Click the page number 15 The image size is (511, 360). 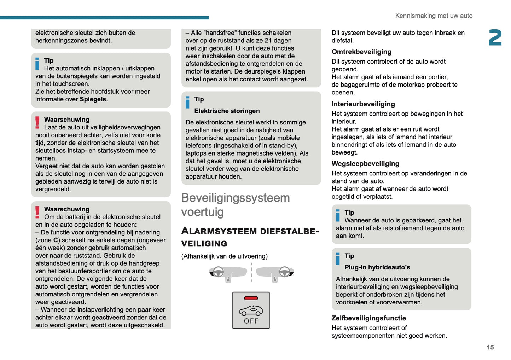tap(490, 347)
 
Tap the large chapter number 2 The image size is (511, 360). tap(495, 38)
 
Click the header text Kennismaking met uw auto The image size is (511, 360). tap(434, 16)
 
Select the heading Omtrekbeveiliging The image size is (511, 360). tap(361, 52)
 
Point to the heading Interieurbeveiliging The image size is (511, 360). tap(363, 104)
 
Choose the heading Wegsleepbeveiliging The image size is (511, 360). tap(365, 164)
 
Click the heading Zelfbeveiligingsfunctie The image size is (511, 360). tap(368, 318)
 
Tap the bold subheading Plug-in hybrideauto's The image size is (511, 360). tap(377, 267)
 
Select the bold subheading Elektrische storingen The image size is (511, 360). tap(227, 111)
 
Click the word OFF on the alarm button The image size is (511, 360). tap(251, 321)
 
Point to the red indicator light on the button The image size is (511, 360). tap(251, 298)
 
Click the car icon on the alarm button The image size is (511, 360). tap(251, 310)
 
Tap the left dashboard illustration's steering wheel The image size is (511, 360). tap(218, 272)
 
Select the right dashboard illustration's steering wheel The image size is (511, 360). tap(285, 272)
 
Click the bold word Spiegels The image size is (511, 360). tap(93, 99)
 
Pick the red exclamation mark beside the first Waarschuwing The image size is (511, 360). tap(37, 122)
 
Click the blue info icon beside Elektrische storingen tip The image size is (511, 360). tap(187, 102)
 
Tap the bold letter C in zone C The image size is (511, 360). tap(56, 240)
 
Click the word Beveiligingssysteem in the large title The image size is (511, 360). tap(235, 198)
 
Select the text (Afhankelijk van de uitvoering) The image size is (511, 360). tap(224, 256)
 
